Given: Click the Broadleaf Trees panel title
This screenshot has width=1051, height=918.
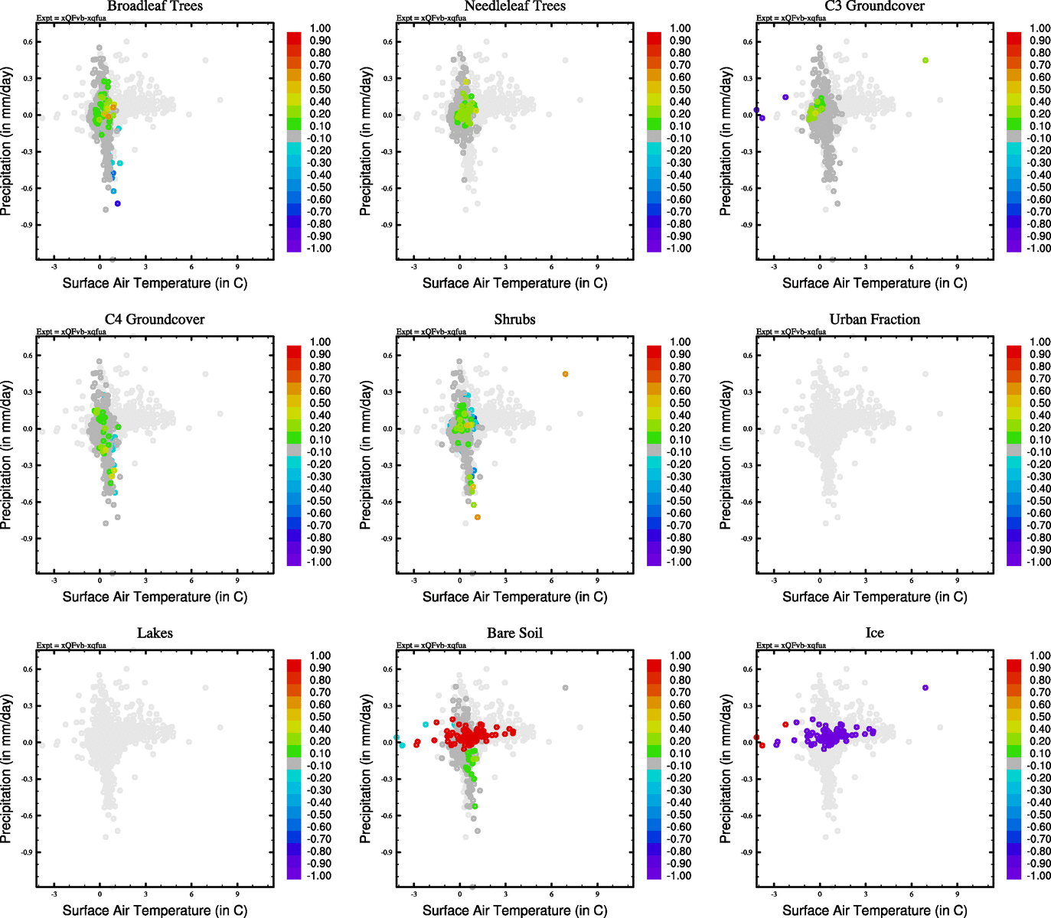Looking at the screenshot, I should point(155,6).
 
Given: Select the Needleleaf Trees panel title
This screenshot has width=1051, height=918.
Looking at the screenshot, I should point(514,6).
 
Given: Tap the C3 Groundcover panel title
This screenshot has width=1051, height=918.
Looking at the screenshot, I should point(874,6).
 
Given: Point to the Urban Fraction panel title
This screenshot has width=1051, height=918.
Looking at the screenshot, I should point(874,320).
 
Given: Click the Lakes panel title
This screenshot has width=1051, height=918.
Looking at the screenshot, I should point(155,633).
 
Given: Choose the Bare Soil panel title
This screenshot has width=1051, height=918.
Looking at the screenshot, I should point(514,633).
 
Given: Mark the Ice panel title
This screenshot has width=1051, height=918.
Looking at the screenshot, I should point(874,633).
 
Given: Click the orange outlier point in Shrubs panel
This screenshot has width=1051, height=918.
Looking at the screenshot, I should point(566,374).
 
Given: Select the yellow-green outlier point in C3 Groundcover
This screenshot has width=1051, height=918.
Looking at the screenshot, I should point(925,60).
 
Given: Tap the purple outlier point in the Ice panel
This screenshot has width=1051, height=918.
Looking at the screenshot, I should point(925,688).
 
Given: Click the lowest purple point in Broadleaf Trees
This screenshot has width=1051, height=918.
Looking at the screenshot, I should point(118,203).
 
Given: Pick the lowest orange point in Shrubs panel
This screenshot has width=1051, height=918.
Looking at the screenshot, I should point(478,517).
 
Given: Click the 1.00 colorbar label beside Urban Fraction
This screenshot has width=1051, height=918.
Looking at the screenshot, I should point(1040,342).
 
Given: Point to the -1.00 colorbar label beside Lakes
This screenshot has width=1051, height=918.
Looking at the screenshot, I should point(319,876).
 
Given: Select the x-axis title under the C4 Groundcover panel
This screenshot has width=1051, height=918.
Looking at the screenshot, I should point(155,597).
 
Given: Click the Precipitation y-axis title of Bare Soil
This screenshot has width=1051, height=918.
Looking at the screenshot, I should point(366,769).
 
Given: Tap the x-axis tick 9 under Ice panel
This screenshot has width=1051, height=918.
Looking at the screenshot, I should point(957,894).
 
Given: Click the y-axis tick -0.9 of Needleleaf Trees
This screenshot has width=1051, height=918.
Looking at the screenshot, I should point(388,225).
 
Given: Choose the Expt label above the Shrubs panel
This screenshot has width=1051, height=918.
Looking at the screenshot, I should point(431,332).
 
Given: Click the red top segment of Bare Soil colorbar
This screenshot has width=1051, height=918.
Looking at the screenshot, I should point(654,661).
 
